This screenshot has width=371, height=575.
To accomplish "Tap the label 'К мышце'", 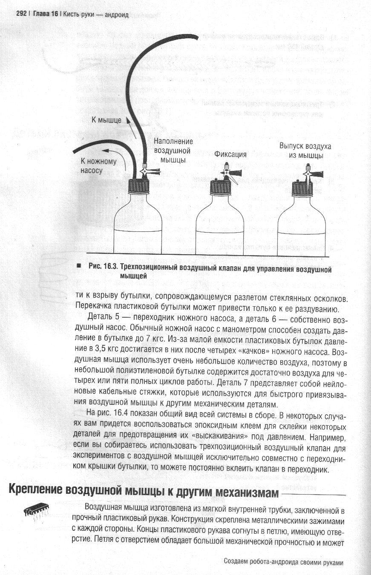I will coord(106,120).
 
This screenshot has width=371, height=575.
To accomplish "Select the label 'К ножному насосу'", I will coord(98,166).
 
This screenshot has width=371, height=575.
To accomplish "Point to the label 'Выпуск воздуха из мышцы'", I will coord(305,151).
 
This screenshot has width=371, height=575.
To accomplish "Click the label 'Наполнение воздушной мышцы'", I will coord(173,151).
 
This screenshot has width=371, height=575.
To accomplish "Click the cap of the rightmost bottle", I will coord(302,189).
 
